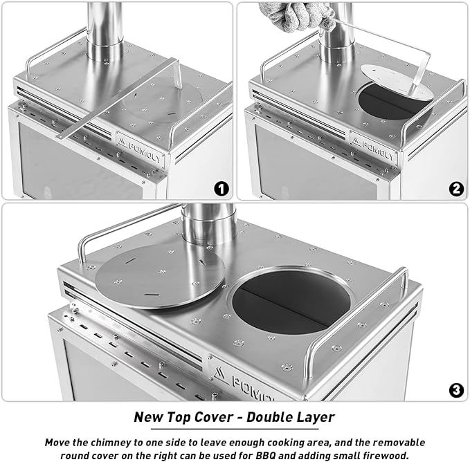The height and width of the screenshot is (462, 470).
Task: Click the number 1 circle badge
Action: tap(221, 187)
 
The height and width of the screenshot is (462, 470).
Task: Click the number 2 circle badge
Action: tap(456, 187)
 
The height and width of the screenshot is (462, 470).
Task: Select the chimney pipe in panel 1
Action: tap(105, 28)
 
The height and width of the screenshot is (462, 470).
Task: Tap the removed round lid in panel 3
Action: tap(159, 275)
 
